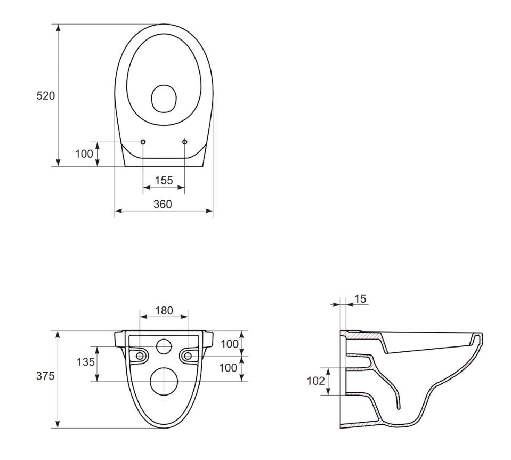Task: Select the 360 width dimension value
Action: tap(163, 204)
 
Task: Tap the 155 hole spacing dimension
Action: tap(164, 181)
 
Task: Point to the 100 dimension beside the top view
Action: tap(84, 154)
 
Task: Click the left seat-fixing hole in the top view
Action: tap(143, 142)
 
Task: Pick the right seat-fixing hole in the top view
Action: tap(185, 142)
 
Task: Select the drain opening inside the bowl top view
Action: tap(164, 99)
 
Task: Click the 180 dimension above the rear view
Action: tap(164, 311)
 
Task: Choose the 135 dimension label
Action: tap(86, 362)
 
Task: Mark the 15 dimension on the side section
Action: tap(360, 299)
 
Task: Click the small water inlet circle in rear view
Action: tap(164, 347)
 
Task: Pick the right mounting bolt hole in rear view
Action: tap(188, 356)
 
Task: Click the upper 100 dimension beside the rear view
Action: tap(230, 344)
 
